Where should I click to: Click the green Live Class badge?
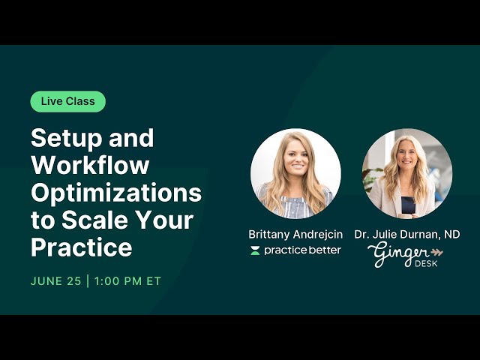(x=67, y=101)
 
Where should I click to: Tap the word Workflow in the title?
(x=90, y=165)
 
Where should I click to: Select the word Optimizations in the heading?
(x=116, y=193)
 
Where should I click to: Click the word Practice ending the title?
(x=81, y=247)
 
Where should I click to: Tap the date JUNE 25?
(x=55, y=281)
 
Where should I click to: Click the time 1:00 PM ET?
(x=128, y=281)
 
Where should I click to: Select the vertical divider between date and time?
(x=88, y=281)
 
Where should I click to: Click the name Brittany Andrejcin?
(x=295, y=235)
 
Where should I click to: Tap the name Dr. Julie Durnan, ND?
(x=407, y=235)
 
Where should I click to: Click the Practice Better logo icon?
(x=255, y=250)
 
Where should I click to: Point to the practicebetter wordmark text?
(x=302, y=250)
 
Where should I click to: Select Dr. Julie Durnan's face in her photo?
(x=408, y=159)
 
